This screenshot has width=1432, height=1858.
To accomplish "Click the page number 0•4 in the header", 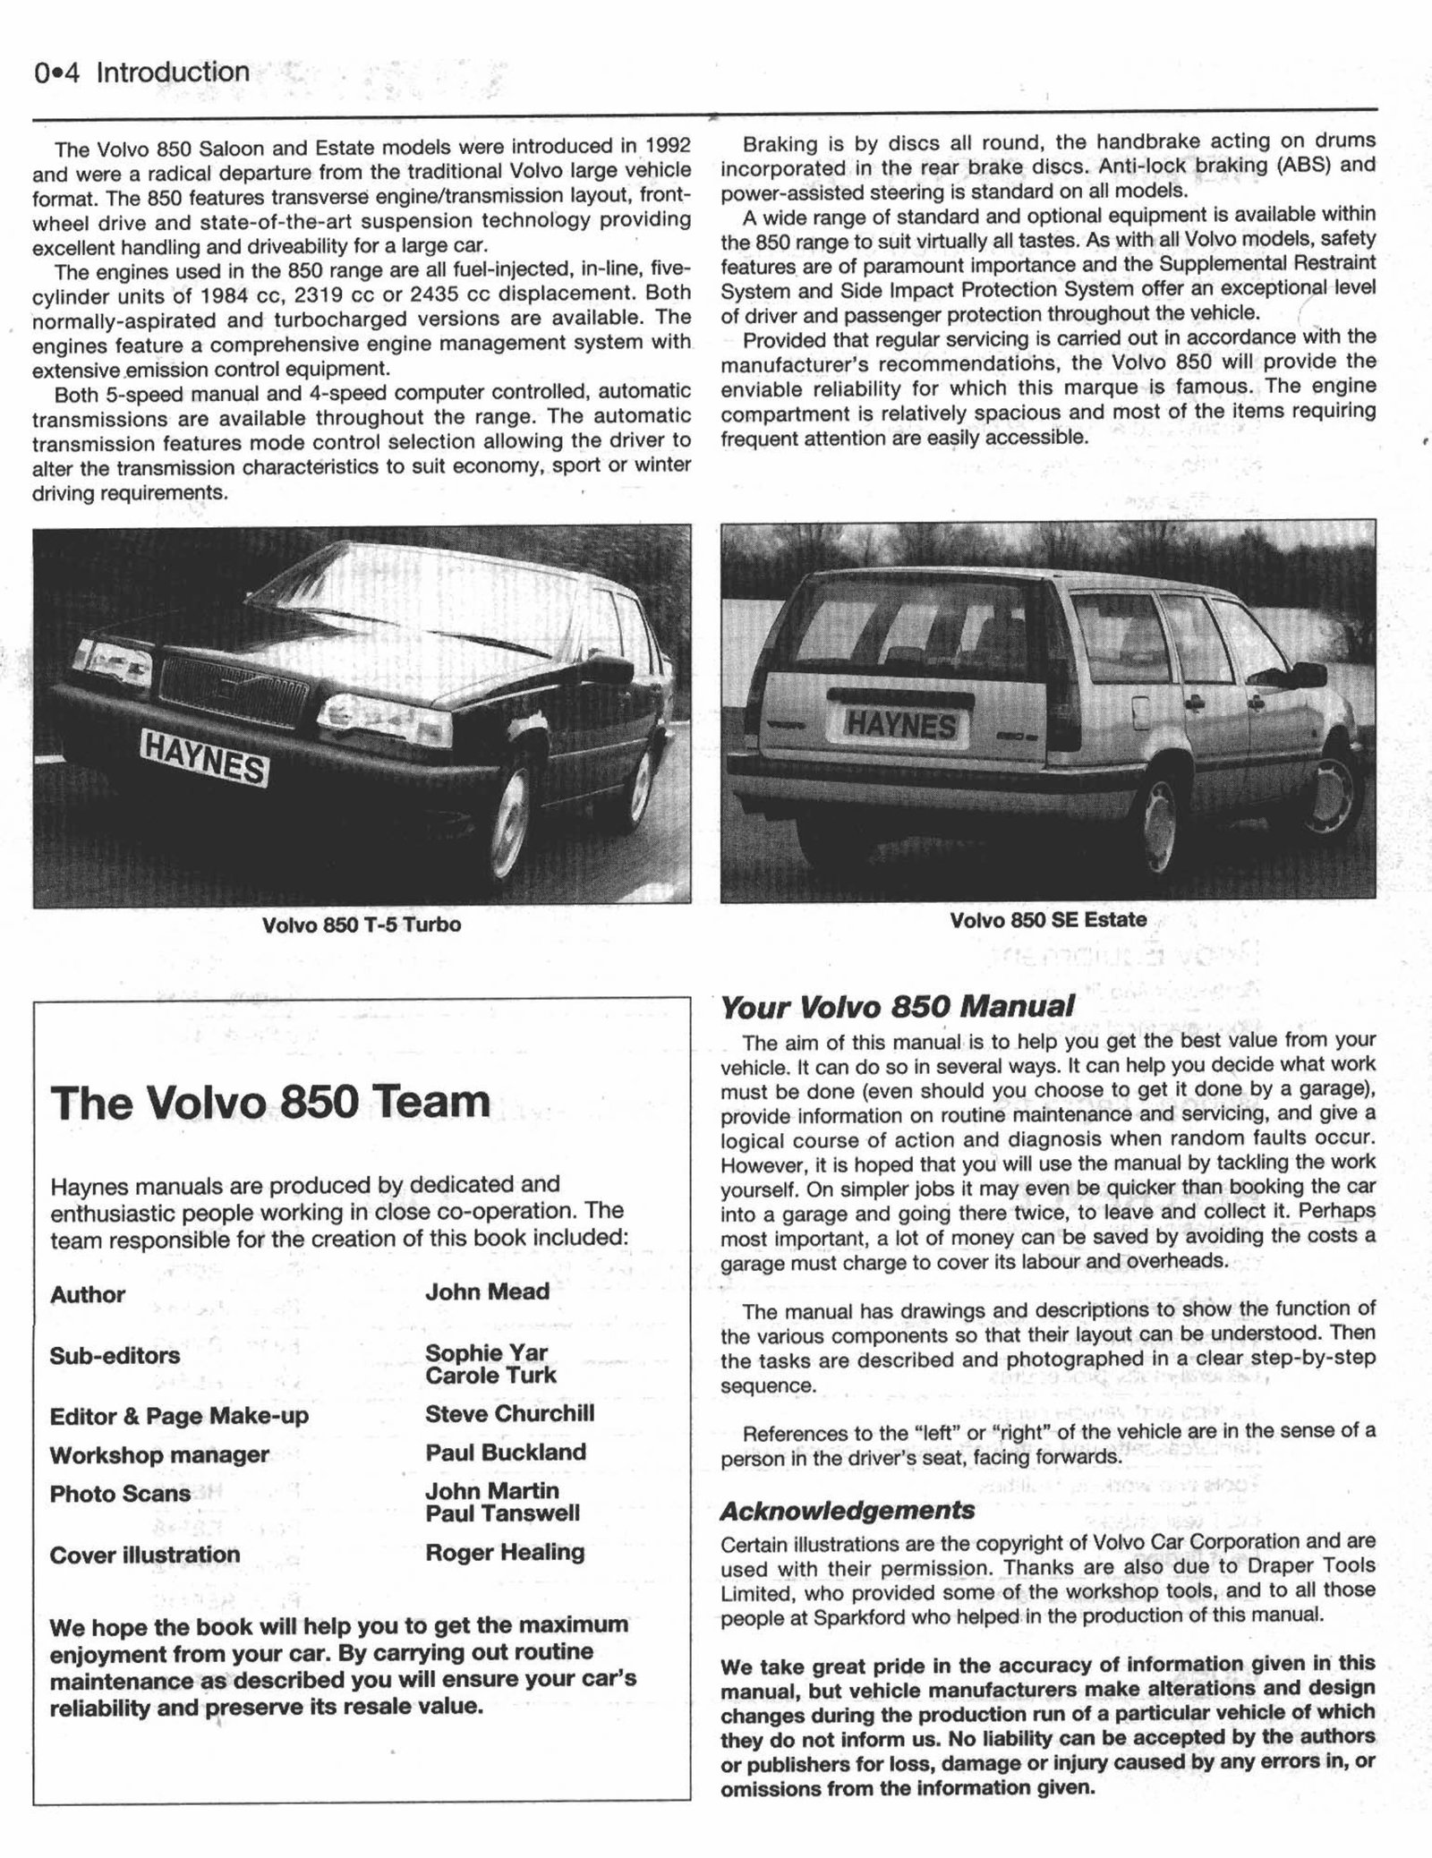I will pos(55,73).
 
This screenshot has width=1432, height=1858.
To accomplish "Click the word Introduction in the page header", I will pos(173,72).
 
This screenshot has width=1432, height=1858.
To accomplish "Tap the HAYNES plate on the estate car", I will pos(901,723).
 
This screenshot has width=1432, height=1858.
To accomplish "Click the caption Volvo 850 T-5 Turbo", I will pos(361,925).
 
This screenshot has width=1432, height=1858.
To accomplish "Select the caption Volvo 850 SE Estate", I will pos(1047,920).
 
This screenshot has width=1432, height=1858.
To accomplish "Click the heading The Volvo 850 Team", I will pos(270,1102).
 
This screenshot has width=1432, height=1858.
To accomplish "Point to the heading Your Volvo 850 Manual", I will pos(897,1007).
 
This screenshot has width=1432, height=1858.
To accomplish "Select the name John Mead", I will pos(487,1291).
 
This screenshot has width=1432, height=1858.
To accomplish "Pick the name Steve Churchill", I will pos(509,1414).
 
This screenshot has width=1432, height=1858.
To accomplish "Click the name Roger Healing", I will pos(505,1552).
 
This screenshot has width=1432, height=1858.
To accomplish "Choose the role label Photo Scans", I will pos(120,1494).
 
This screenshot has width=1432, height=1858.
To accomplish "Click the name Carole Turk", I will pos(490,1376).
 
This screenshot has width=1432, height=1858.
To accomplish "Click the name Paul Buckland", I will pos(506,1453).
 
